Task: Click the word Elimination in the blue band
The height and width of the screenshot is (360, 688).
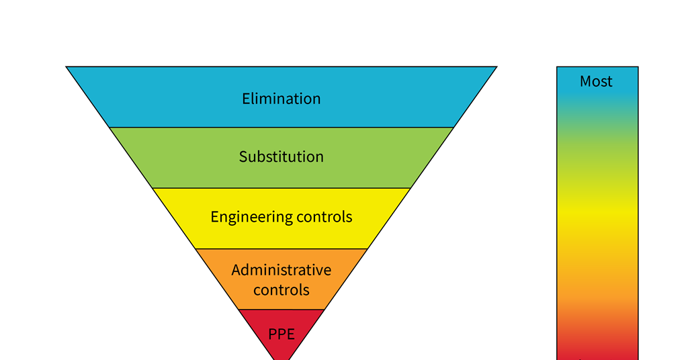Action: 281,99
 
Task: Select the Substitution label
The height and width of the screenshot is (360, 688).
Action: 281,156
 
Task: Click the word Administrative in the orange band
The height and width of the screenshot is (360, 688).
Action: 281,270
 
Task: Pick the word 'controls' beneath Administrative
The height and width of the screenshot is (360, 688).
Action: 281,290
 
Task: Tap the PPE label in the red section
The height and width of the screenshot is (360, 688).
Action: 281,334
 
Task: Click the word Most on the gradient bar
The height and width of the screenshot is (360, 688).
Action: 596,81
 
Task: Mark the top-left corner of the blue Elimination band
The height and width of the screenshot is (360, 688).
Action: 67,67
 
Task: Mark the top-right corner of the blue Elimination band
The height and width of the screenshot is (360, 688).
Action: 496,67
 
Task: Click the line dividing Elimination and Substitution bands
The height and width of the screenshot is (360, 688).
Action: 281,127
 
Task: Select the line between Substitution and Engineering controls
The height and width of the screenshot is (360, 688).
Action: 281,188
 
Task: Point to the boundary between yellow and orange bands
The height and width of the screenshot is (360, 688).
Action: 281,249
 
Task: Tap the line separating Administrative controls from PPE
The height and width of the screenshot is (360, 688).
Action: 281,310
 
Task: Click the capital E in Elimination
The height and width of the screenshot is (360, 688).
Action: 246,99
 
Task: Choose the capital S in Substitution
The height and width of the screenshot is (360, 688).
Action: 243,156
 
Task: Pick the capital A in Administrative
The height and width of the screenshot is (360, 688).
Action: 236,270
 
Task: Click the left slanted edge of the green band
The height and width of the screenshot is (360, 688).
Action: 131,158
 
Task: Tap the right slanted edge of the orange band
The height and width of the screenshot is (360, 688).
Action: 346,279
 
